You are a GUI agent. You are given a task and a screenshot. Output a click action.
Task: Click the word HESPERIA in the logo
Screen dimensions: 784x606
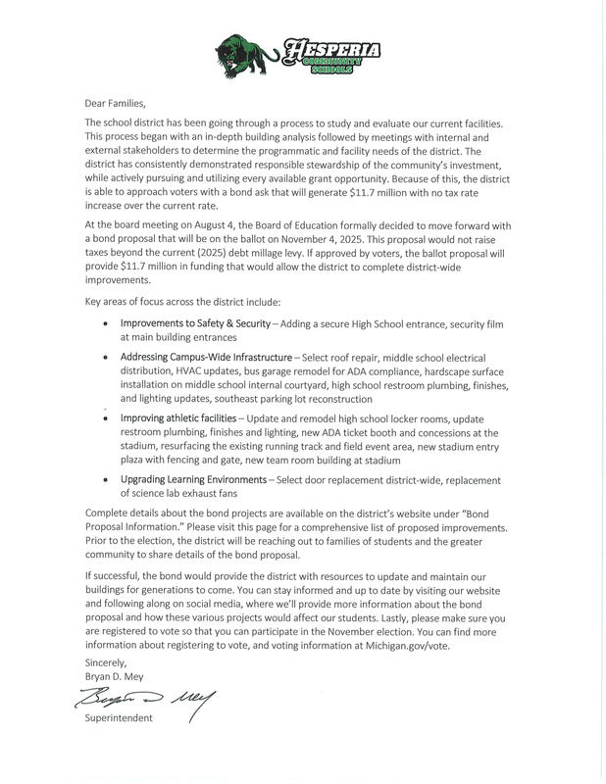click(325, 48)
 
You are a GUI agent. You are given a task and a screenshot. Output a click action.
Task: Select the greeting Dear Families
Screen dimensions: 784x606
click(117, 102)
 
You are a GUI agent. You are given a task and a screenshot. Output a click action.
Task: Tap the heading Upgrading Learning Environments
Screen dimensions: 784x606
click(193, 480)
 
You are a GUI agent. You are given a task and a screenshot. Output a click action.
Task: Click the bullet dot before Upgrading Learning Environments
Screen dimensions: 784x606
click(105, 480)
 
